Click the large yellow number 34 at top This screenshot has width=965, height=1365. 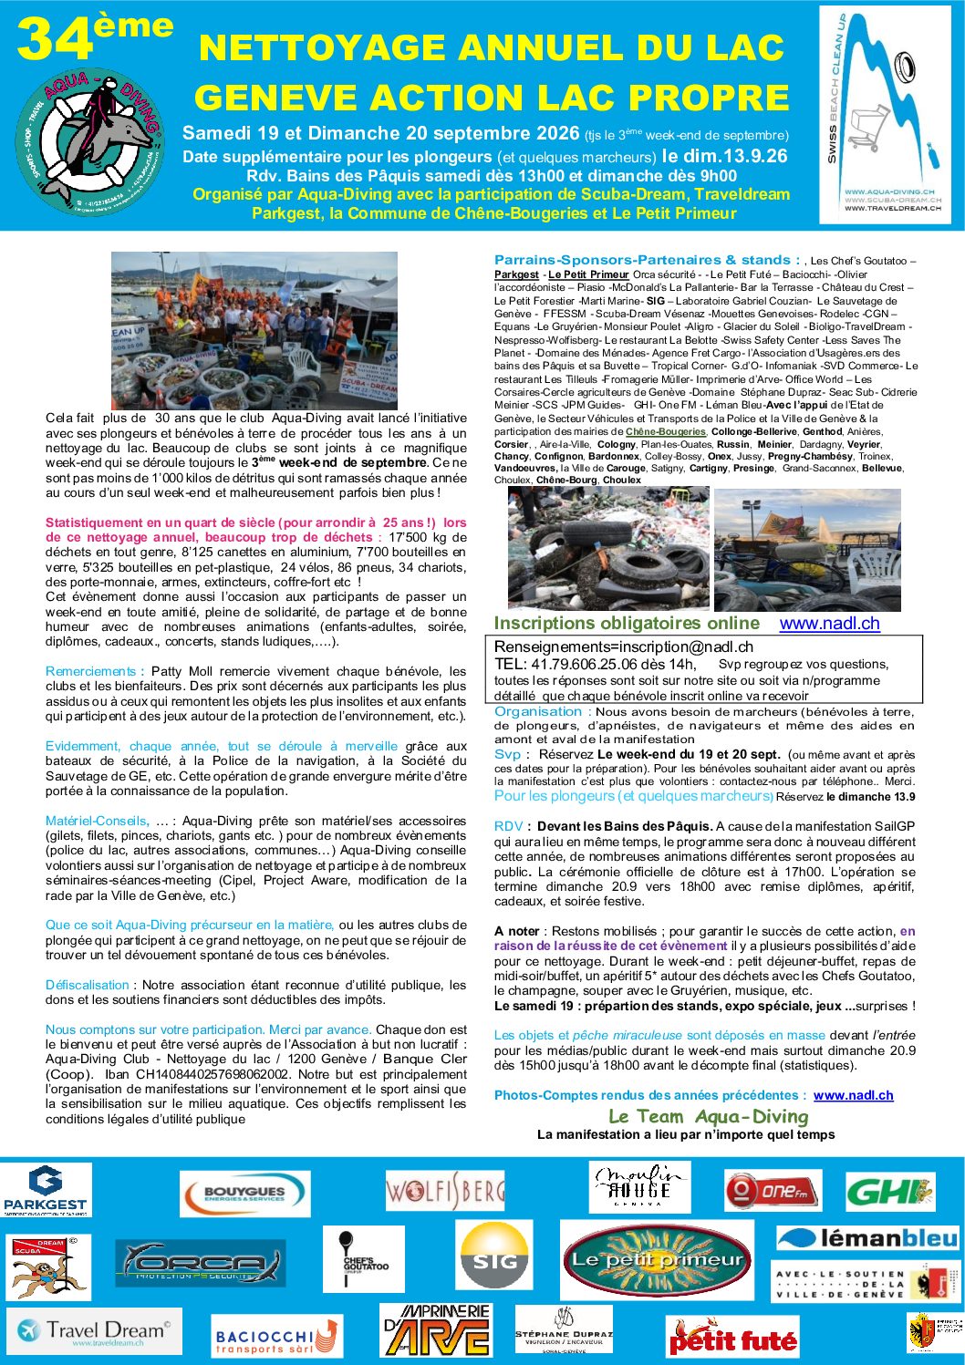pos(56,42)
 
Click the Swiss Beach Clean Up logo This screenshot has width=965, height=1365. pos(884,115)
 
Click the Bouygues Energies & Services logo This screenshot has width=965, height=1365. pos(244,1194)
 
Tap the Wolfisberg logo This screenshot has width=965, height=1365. pos(444,1192)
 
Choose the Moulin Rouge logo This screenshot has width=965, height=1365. pos(639,1185)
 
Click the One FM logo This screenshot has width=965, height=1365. pos(773,1191)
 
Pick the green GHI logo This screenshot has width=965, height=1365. pos(889,1191)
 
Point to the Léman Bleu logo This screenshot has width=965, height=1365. pos(867,1237)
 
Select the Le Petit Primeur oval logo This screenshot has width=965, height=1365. pos(658,1260)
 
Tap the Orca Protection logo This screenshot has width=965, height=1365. pos(201,1263)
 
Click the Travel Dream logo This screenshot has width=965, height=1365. pos(94,1331)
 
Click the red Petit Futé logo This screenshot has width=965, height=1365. pos(732,1339)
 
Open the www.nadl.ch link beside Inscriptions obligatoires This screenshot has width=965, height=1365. pos(829,624)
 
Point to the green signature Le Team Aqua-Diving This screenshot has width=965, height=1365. pos(708,1116)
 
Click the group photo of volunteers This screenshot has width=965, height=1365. pos(254,330)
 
